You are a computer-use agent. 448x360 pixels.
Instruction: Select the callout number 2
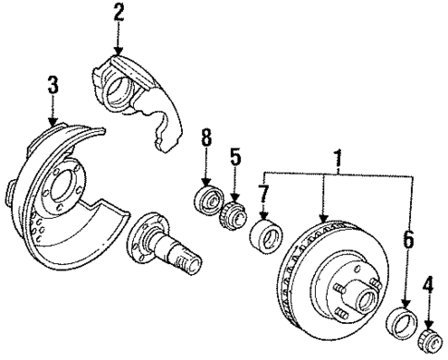coord(118,13)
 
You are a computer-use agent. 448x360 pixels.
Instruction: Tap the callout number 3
coord(53,86)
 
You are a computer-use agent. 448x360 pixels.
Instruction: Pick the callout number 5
coord(236,158)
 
